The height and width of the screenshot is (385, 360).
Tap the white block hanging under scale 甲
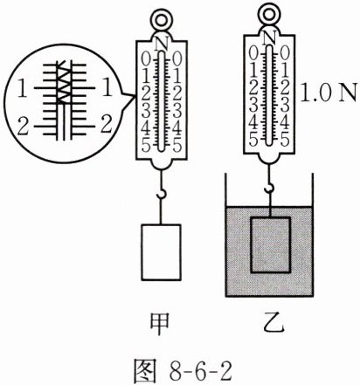[161, 252]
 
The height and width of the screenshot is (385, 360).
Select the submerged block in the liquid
[271, 244]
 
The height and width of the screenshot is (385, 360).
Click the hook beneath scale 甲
[161, 194]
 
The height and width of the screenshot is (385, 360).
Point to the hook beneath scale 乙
[270, 188]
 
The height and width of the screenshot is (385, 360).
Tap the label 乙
[273, 323]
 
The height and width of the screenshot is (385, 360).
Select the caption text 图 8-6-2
[183, 369]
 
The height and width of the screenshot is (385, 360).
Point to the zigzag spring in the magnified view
[65, 82]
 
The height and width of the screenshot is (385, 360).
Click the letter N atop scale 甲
[162, 45]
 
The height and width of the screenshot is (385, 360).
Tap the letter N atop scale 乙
[270, 38]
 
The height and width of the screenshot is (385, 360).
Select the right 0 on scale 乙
[285, 53]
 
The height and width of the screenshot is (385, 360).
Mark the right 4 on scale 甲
[177, 128]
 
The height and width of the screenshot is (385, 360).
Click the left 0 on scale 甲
[146, 60]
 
